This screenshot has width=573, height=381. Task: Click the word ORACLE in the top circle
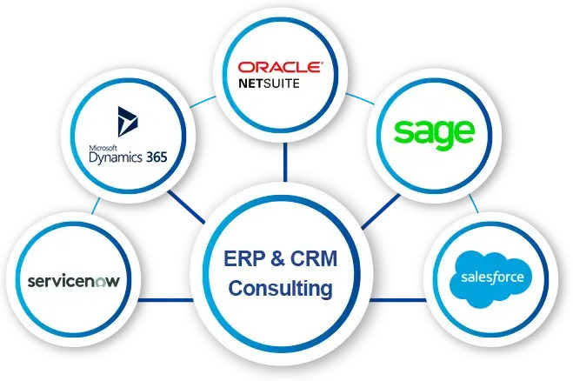pyautogui.click(x=281, y=67)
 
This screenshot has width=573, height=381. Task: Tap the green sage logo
pyautogui.click(x=433, y=131)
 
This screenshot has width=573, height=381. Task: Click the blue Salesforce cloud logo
pyautogui.click(x=487, y=278)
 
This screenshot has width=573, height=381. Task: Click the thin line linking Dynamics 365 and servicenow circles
pyautogui.click(x=95, y=205)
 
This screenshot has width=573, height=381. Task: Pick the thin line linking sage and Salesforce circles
pyautogui.click(x=472, y=204)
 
